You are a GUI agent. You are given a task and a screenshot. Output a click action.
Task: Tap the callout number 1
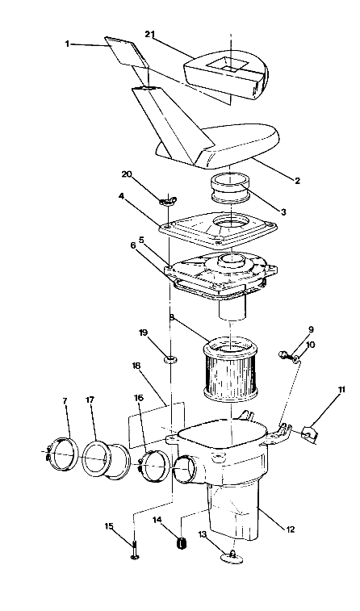tap(68, 44)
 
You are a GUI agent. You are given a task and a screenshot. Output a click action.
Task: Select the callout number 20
tap(126, 174)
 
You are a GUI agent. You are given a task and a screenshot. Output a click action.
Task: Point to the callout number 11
tap(341, 390)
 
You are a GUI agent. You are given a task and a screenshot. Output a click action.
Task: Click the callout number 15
tap(109, 527)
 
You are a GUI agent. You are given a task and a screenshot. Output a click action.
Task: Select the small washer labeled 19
tap(170, 355)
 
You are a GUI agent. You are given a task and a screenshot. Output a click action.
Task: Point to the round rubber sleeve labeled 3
tap(231, 194)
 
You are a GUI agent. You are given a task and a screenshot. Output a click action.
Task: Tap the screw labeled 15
tap(135, 552)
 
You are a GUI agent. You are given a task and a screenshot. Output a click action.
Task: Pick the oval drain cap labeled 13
tap(231, 558)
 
